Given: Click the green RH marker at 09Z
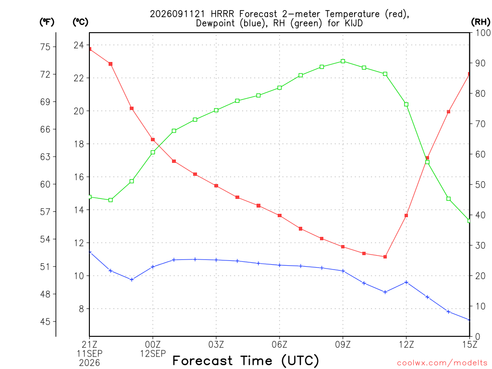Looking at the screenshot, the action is [343, 61].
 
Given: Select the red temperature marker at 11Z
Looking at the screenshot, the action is [385, 257].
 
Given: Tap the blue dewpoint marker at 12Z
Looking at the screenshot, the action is [406, 283].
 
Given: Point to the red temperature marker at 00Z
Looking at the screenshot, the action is [153, 140].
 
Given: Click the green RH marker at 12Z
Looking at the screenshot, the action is [406, 104].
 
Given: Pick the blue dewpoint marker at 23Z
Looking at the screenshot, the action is [132, 280].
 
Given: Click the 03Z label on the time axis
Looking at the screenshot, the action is [216, 344].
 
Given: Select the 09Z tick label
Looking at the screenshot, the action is [343, 344].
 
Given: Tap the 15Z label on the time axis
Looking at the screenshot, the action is [469, 344].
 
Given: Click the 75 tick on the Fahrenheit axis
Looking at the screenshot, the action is [45, 47].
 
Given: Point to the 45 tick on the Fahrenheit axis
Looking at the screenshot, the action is [45, 321].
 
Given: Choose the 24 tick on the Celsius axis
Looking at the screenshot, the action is [79, 45].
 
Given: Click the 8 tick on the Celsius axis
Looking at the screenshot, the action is [81, 309].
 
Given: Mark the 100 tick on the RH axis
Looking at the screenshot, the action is [483, 33].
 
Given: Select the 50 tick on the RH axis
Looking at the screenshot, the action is [480, 184].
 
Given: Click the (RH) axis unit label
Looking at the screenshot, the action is [480, 22].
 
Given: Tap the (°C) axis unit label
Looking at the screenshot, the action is [80, 22].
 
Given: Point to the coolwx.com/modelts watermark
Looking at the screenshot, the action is [442, 363].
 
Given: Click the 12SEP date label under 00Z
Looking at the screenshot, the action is [153, 354].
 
